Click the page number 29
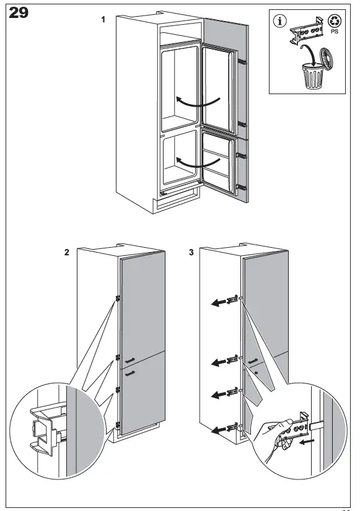(19, 13)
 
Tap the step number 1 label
(103, 20)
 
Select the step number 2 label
(67, 252)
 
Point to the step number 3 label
(191, 252)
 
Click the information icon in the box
(280, 22)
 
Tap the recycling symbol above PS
(334, 22)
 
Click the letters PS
(335, 32)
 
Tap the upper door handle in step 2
(130, 360)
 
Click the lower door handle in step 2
(130, 373)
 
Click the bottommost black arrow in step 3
(219, 430)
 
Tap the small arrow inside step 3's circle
(307, 442)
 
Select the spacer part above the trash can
(306, 31)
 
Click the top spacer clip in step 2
(118, 298)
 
